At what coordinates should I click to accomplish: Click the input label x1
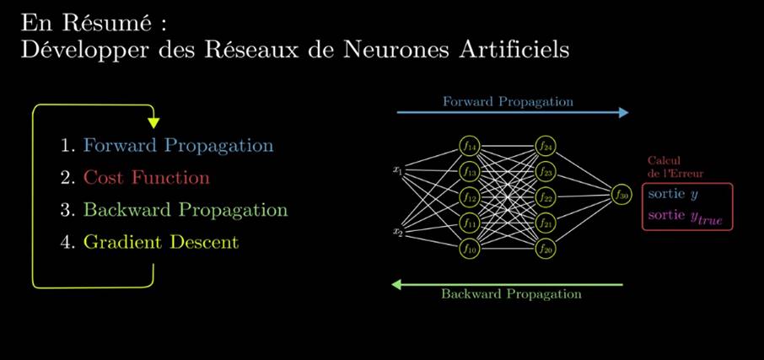pyautogui.click(x=398, y=170)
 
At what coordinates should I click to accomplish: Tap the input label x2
pyautogui.click(x=398, y=230)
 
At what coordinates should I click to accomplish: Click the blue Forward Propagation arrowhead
pyautogui.click(x=623, y=113)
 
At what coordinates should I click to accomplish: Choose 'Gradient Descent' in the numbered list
pyautogui.click(x=160, y=242)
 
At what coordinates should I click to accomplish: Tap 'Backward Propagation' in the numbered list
pyautogui.click(x=185, y=210)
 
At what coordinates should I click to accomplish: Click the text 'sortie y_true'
pyautogui.click(x=686, y=218)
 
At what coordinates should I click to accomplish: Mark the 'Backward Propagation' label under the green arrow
pyautogui.click(x=511, y=295)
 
